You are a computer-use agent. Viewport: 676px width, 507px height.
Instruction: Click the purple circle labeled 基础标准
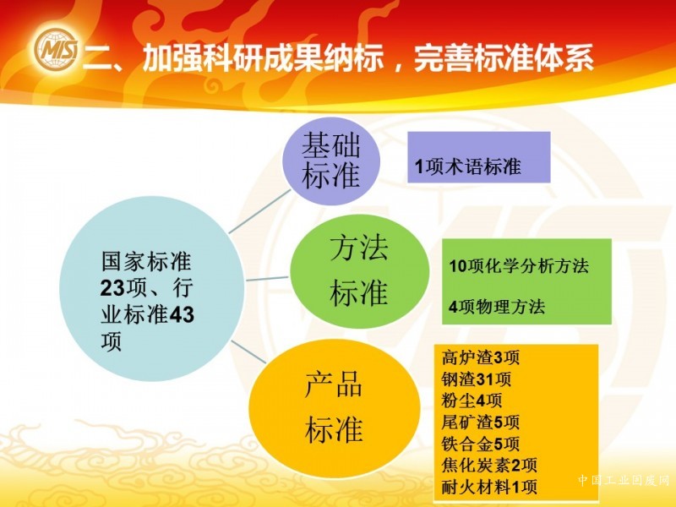[x=331, y=161]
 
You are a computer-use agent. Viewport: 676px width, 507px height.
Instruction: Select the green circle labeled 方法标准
[x=360, y=271]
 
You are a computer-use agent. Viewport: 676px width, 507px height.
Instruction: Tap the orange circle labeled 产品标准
[x=334, y=406]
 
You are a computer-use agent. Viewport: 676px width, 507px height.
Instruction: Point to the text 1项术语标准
[x=468, y=166]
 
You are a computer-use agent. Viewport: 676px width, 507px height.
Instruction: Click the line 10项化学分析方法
[x=519, y=265]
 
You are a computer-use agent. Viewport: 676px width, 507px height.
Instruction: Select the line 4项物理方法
[x=497, y=307]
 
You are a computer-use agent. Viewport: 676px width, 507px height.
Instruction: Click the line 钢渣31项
[x=476, y=379]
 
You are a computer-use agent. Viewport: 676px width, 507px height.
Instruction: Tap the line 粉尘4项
[x=472, y=401]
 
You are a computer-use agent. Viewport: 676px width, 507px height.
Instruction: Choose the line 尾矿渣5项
[x=480, y=422]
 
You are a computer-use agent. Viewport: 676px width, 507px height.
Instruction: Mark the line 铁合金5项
[x=480, y=444]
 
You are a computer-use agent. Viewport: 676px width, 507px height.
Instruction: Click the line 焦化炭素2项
[x=489, y=466]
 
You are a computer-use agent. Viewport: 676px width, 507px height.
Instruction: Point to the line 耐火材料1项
[x=489, y=488]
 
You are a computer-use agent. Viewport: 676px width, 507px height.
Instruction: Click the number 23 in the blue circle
[x=113, y=288]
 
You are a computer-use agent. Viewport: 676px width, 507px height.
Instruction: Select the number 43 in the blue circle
[x=182, y=314]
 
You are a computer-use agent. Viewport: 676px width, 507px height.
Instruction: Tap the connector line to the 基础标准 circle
[x=259, y=211]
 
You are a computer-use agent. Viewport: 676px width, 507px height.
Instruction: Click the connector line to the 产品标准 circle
[x=248, y=352]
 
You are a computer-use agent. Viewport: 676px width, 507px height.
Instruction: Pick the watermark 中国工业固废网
[x=624, y=480]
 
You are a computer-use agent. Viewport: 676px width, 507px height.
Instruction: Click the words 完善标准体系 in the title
[x=504, y=58]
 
